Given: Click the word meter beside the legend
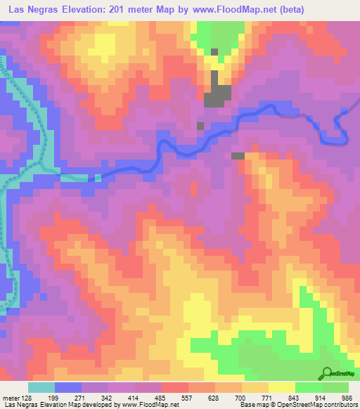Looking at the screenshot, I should [11, 398].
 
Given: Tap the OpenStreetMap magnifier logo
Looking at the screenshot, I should [326, 375].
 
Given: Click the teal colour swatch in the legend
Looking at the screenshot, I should [41, 387].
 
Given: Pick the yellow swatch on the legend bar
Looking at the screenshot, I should [282, 387].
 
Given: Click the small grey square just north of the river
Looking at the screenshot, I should [200, 126].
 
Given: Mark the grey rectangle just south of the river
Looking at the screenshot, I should [238, 155].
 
